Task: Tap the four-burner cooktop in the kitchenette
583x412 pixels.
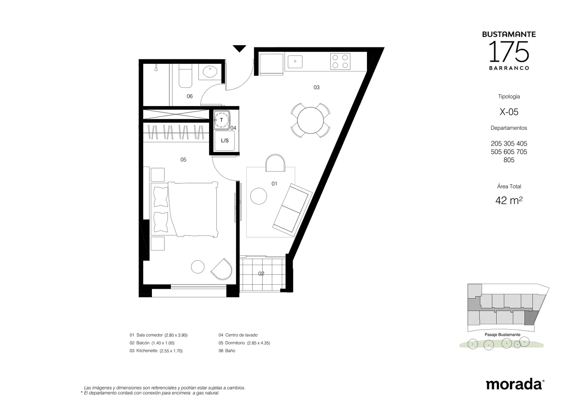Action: click(340, 62)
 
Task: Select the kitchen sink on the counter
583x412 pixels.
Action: click(295, 62)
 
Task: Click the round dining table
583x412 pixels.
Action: click(310, 120)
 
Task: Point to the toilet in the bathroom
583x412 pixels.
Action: click(185, 75)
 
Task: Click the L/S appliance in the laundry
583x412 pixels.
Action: click(224, 141)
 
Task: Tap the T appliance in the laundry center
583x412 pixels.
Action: click(222, 120)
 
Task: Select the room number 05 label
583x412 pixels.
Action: click(183, 160)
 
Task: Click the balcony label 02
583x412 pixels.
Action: click(261, 273)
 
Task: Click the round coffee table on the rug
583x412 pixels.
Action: click(258, 196)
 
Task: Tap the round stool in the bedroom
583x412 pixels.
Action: click(197, 267)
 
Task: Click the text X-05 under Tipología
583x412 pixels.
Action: click(509, 112)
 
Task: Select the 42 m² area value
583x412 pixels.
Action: click(509, 201)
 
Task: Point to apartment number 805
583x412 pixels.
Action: click(509, 160)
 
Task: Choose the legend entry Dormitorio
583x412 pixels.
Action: click(235, 343)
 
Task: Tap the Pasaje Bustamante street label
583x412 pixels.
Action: click(502, 335)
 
